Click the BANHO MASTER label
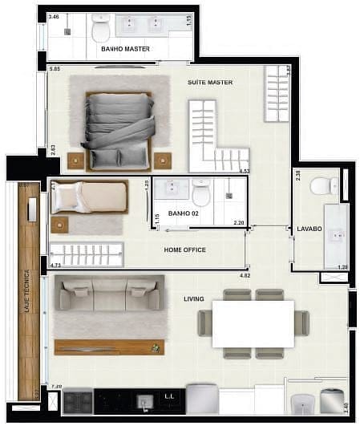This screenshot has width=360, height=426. point(126,48)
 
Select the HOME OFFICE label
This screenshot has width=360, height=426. point(184,250)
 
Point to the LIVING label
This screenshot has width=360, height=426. point(193,299)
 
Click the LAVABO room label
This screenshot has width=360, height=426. point(309,229)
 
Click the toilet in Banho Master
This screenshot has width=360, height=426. point(101,30)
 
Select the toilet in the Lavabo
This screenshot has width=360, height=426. point(323,185)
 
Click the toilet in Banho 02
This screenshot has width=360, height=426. point(200,193)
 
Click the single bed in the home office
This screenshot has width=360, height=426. point(88,197)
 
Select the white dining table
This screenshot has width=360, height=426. point(253,323)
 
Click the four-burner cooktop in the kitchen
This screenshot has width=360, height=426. point(78,400)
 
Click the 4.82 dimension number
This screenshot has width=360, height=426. point(245,276)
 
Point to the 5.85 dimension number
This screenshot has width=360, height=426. point(55,70)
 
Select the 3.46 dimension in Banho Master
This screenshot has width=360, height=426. point(54,16)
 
